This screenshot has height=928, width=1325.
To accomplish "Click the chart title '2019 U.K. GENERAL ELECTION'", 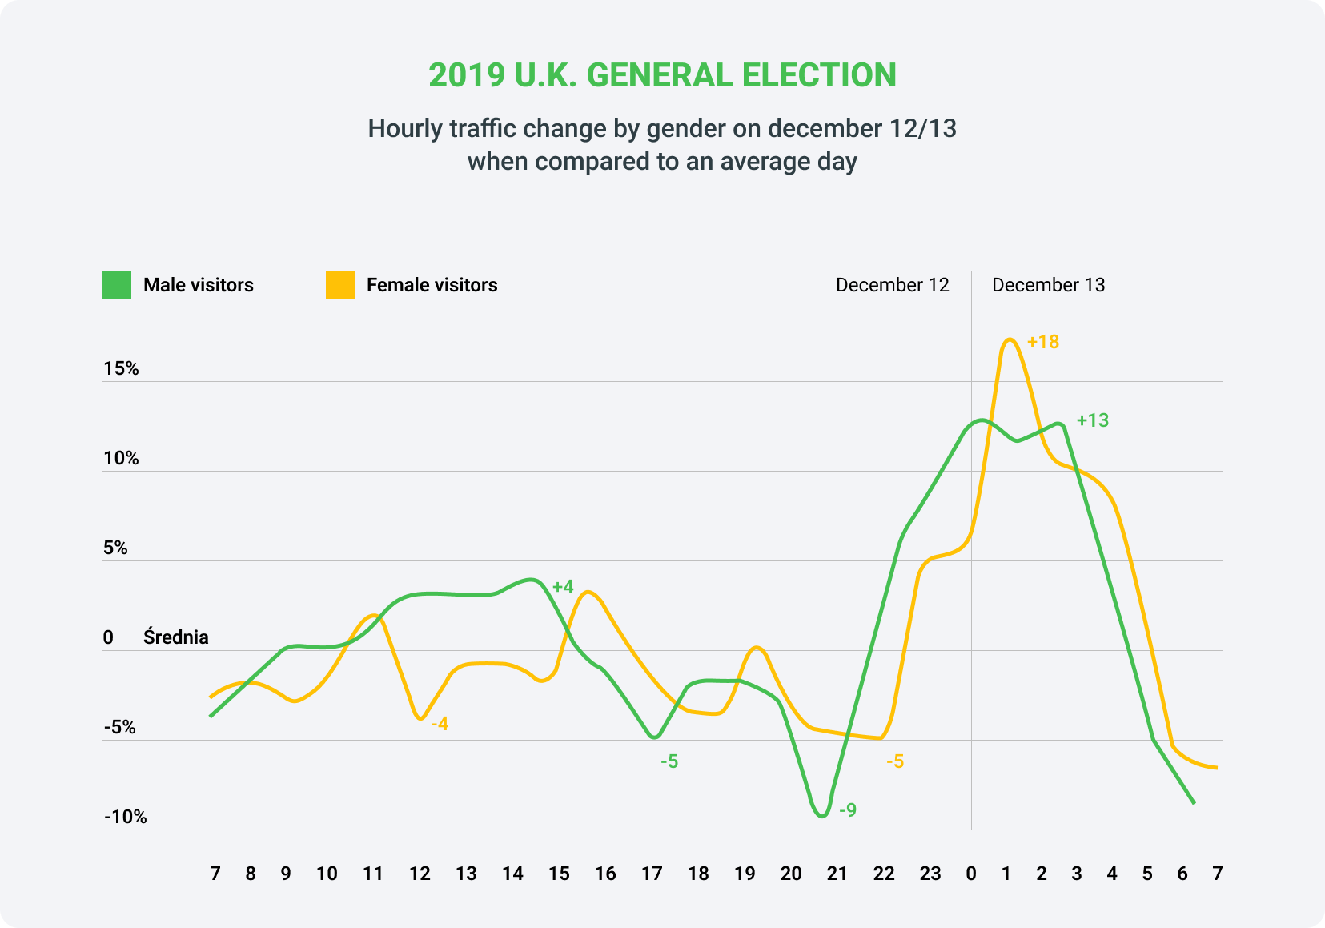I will tap(662, 75).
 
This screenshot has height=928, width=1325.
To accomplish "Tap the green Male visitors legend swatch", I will tap(116, 285).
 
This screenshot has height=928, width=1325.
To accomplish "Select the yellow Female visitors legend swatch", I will tap(339, 285).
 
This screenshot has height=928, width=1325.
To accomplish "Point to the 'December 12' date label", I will tap(892, 285).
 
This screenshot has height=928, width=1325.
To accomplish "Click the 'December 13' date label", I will tap(1048, 285).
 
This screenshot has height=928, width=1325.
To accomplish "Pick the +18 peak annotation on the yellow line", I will tap(1043, 342).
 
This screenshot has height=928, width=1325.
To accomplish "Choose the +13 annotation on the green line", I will tap(1093, 420).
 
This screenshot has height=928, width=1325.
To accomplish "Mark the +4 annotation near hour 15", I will tap(564, 587).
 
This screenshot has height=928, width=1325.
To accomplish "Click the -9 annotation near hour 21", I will tap(848, 810).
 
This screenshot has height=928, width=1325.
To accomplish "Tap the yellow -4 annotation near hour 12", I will tap(440, 724).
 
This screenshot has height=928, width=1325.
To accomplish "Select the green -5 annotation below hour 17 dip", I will tap(669, 761).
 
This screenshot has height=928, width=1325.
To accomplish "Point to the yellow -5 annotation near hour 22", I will tap(895, 761).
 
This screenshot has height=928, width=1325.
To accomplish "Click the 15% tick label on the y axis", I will tap(121, 368).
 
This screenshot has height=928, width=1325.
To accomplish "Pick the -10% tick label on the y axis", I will tap(126, 817).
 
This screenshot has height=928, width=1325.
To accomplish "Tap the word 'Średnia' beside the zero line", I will tap(176, 637).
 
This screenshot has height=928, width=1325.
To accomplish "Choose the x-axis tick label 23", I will tap(930, 874).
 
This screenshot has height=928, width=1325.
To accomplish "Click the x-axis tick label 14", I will tap(512, 874).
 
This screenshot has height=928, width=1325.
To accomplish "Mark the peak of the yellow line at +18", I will tap(1010, 339).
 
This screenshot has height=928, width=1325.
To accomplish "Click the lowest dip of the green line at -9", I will tap(822, 816).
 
